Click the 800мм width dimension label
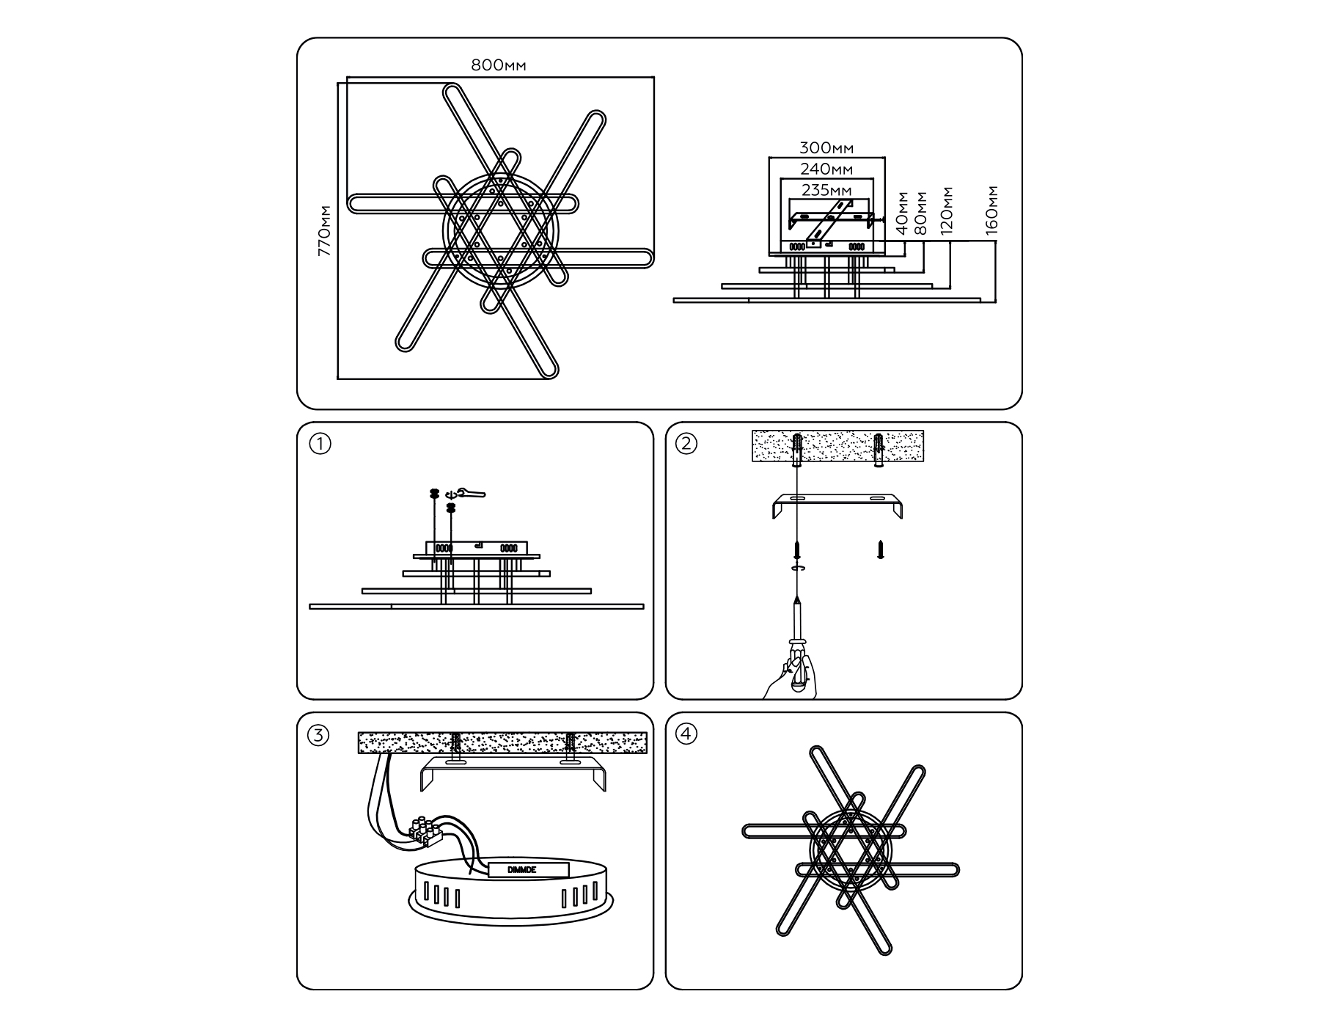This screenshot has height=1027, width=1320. click(x=499, y=65)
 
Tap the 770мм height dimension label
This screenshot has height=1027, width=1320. click(x=324, y=230)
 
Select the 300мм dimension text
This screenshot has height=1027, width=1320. click(x=826, y=149)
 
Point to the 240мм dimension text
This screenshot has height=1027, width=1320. click(x=826, y=169)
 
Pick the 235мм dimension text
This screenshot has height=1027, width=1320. click(x=826, y=190)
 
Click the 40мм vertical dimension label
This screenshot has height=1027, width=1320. click(x=902, y=213)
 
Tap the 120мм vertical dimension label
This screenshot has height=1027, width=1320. click(x=947, y=211)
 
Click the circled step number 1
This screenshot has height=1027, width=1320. click(x=320, y=444)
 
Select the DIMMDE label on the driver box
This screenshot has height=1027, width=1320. click(x=522, y=869)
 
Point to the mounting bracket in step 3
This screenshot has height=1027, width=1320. click(x=513, y=775)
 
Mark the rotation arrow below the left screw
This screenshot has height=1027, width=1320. click(x=796, y=568)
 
